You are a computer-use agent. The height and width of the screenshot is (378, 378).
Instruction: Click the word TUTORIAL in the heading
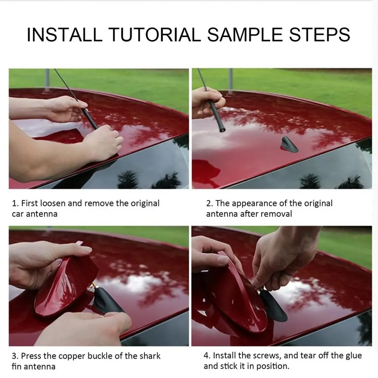tap(155, 34)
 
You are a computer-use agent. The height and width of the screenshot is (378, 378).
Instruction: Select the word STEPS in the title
tap(319, 34)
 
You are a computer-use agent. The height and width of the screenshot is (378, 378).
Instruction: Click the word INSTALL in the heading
tap(64, 34)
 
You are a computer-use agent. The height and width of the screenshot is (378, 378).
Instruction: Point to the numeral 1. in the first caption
tap(15, 203)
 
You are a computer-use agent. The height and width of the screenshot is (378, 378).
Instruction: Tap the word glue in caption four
tap(353, 356)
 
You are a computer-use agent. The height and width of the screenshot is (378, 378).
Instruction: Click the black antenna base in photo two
tap(289, 145)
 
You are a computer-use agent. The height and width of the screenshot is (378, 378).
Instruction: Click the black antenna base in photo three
tap(107, 301)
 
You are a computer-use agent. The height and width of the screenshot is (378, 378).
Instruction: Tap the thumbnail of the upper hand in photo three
tap(87, 250)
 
